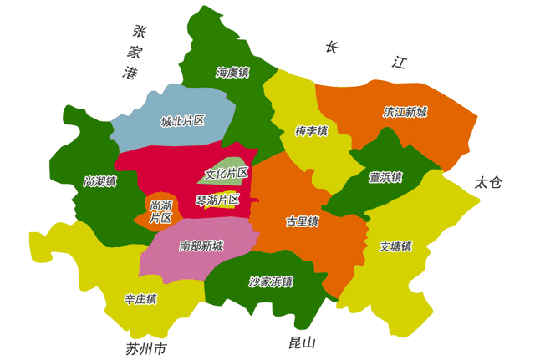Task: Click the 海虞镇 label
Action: click(233, 73)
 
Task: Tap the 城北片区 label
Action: click(183, 121)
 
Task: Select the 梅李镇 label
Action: click(311, 131)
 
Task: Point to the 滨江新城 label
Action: click(405, 111)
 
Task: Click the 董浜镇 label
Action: click(385, 177)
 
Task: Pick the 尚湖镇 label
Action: click(100, 181)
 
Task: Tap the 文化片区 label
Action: click(227, 174)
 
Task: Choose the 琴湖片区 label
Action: click(217, 200)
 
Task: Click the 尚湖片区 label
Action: click(160, 211)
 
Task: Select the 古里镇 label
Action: click(302, 221)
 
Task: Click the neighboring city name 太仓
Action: click(487, 182)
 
